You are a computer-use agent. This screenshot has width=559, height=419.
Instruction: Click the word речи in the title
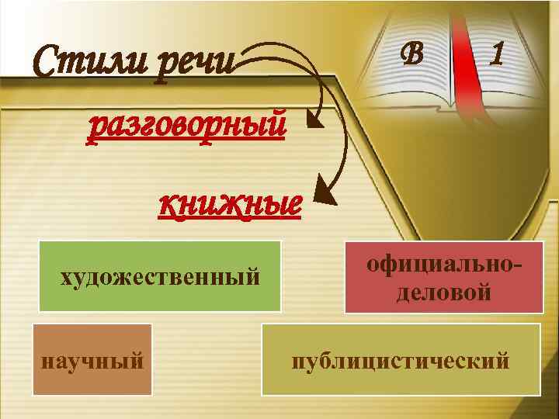(x=194, y=62)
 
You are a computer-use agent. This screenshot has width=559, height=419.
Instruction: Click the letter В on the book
(x=413, y=53)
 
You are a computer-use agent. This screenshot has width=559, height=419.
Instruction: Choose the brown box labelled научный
(x=92, y=359)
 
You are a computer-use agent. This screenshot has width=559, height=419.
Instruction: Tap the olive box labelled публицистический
(x=400, y=359)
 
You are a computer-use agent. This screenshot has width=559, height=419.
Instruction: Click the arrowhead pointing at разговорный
(x=314, y=119)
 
